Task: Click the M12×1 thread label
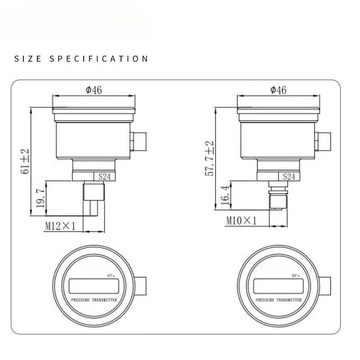click(x=60, y=226)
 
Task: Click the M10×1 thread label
click(x=241, y=221)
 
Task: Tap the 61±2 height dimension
click(x=25, y=162)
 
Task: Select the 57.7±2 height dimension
click(x=209, y=158)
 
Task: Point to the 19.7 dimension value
click(x=40, y=198)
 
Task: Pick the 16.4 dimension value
click(x=225, y=195)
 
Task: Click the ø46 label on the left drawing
click(x=94, y=90)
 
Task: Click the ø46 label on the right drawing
click(x=279, y=90)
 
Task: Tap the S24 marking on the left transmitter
click(x=104, y=176)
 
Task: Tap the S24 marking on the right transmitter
click(x=289, y=176)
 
